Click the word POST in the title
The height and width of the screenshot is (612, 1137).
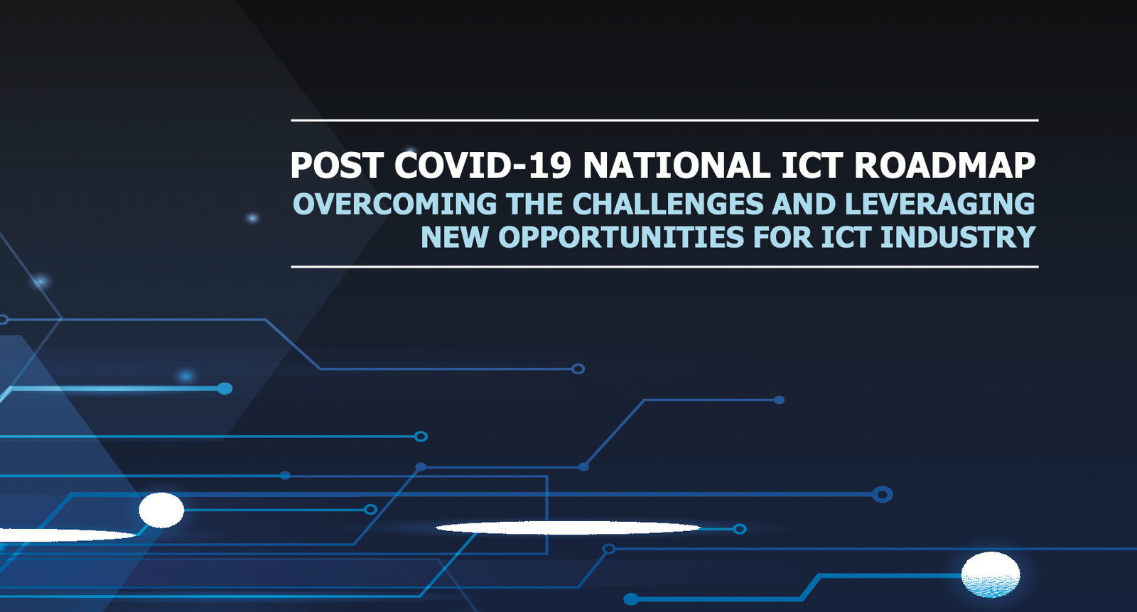(336, 165)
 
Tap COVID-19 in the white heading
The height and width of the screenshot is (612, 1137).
(483, 165)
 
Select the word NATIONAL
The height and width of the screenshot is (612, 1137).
(677, 165)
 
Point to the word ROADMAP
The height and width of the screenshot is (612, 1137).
(944, 165)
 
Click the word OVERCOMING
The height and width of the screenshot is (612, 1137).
(394, 204)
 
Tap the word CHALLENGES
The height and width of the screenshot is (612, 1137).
(667, 204)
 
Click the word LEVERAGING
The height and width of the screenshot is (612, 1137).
(939, 204)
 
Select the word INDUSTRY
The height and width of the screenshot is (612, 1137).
(957, 237)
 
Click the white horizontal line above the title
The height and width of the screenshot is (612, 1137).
(664, 120)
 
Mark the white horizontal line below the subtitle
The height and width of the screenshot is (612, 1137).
(664, 267)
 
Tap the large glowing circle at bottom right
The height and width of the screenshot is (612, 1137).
(991, 574)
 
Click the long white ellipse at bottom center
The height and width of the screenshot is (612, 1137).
(568, 528)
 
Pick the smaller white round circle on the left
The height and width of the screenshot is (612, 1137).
(161, 510)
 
